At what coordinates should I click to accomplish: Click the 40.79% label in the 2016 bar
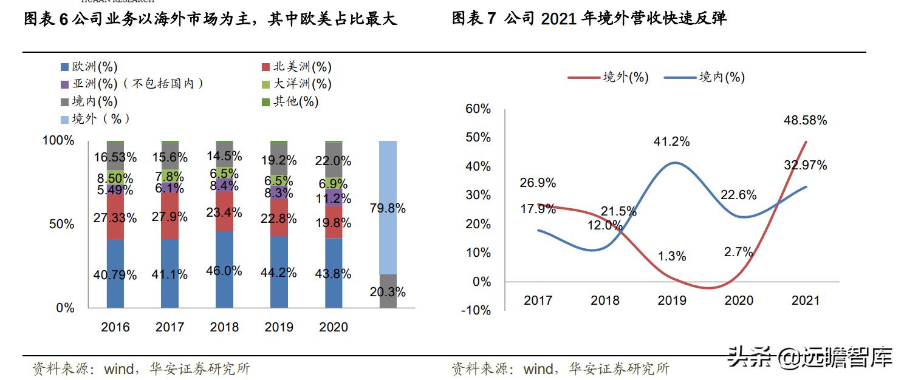point(115,274)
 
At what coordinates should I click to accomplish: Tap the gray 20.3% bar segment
point(388,292)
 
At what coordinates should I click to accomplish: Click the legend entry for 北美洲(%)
point(296,67)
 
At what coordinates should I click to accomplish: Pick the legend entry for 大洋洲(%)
point(296,84)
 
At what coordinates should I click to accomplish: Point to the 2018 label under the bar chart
point(224,327)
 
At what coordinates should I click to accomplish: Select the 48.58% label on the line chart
point(805,120)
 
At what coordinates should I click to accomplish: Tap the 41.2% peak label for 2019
point(671,141)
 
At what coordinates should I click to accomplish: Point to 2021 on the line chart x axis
point(806,300)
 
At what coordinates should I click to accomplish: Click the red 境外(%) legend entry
point(608,77)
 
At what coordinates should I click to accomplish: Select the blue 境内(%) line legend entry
point(705,77)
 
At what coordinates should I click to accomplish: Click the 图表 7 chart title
point(589,18)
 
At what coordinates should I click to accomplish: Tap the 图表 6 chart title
point(210,18)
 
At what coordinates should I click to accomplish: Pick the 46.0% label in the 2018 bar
point(224,271)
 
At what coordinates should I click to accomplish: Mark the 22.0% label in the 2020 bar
point(334,161)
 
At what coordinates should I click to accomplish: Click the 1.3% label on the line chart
point(672,256)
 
